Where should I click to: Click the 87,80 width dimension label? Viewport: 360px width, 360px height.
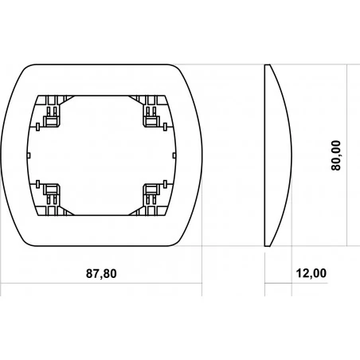click(101, 273)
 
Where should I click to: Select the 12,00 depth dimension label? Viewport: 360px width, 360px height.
click(311, 273)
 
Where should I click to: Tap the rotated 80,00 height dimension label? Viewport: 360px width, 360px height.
click(336, 155)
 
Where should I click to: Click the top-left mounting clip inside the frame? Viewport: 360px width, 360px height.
click(52, 117)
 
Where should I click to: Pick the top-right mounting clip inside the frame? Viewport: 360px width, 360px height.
click(151, 117)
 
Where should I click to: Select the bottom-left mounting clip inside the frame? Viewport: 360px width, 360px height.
click(52, 194)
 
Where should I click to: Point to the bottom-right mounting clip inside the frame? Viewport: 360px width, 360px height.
click(151, 194)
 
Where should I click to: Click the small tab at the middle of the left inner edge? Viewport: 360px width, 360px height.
click(29, 155)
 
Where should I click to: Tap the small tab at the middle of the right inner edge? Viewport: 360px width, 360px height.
click(174, 155)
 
